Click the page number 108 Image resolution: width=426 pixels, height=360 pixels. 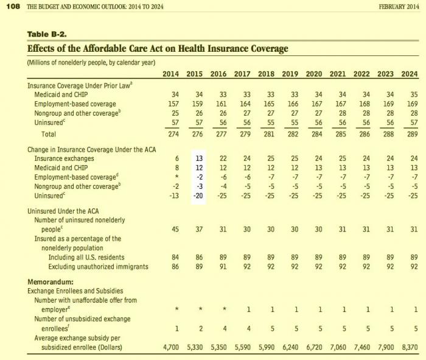13,7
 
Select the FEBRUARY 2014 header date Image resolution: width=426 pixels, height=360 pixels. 399,7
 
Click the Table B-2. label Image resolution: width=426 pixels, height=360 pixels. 47,34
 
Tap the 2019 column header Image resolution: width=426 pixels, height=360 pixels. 290,74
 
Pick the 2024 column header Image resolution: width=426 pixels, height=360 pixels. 410,74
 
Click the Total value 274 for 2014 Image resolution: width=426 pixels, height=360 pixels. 173,134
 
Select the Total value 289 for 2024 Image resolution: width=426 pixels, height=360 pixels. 413,134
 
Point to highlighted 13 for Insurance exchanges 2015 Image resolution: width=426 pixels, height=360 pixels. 199,158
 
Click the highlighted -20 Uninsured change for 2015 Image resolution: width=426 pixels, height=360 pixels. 198,196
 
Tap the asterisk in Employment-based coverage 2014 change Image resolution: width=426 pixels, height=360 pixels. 177,177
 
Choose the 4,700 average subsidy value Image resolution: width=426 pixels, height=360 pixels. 171,347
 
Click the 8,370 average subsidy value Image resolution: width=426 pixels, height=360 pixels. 410,347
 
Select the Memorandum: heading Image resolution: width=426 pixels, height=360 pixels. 51,281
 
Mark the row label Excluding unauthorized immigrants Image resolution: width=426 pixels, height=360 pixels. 99,266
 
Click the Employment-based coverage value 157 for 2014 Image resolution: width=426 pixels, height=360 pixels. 173,104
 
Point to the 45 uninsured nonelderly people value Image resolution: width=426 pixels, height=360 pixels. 175,229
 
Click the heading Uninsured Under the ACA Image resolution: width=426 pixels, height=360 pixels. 63,211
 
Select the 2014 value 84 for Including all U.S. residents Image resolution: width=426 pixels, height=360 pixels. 175,257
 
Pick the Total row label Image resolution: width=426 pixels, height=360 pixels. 49,134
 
